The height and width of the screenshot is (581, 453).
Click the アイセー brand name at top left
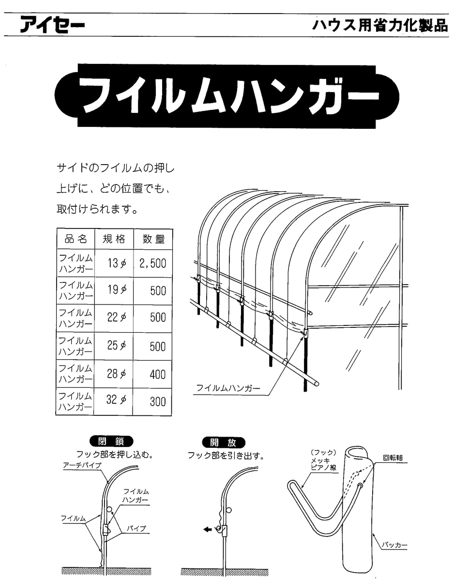(x=53, y=25)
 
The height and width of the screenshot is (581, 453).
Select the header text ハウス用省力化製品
(x=380, y=26)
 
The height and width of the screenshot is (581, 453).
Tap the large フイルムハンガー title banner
(x=226, y=96)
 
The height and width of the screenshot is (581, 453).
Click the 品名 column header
(x=76, y=239)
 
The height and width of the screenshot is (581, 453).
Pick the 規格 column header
(x=114, y=239)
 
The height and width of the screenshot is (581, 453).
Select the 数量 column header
(x=153, y=239)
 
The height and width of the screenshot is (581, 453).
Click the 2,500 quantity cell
(x=152, y=263)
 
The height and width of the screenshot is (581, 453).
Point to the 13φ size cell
(x=117, y=264)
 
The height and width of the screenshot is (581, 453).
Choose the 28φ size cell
(x=116, y=374)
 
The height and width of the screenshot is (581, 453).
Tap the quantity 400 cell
(x=158, y=375)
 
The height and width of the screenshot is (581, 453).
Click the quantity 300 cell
(x=158, y=401)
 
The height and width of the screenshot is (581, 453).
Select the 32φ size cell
(x=116, y=400)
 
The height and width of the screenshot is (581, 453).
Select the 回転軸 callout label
(x=393, y=458)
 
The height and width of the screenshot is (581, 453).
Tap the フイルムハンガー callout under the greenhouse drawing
(x=228, y=388)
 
